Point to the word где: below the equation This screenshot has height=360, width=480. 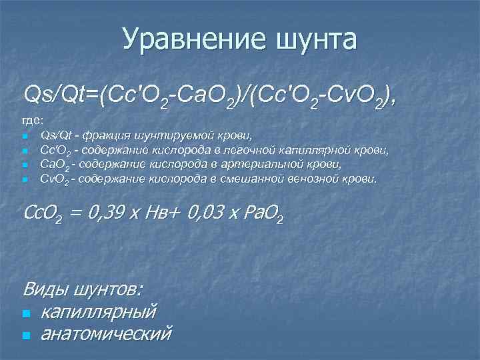pyautogui.click(x=33, y=120)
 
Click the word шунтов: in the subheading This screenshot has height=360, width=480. pyautogui.click(x=107, y=290)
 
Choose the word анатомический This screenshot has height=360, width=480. pyautogui.click(x=105, y=333)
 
